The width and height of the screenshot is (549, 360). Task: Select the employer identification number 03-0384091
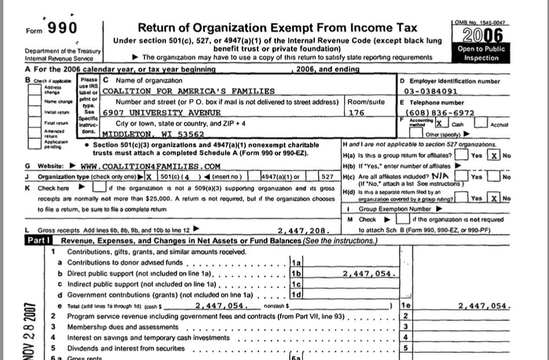point(431,91)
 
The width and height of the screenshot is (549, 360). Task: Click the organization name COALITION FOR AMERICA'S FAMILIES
point(188,91)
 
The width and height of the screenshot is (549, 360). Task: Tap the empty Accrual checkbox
point(480,123)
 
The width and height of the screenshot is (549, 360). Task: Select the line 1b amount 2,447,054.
point(368,274)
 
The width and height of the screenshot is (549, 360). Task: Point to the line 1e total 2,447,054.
point(483,305)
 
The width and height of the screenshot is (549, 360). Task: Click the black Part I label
point(39,240)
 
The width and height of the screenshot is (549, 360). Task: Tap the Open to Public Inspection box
point(481,54)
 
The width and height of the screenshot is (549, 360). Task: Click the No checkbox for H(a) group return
point(493,155)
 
